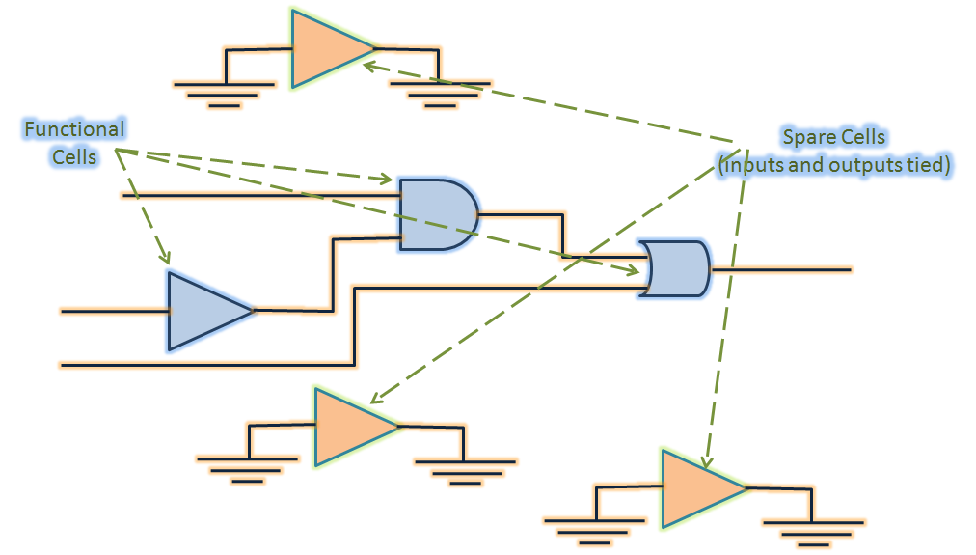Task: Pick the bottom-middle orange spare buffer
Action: click(x=349, y=427)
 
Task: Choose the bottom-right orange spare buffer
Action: click(x=697, y=488)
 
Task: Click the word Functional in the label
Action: click(x=74, y=129)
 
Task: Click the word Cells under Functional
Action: click(x=74, y=156)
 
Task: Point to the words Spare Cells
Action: click(x=833, y=138)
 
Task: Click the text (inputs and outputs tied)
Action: click(x=835, y=165)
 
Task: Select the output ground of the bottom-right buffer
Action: click(x=812, y=530)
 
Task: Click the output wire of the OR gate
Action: click(x=781, y=269)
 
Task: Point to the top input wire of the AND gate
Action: click(x=260, y=196)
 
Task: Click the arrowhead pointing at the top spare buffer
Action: click(x=368, y=66)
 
